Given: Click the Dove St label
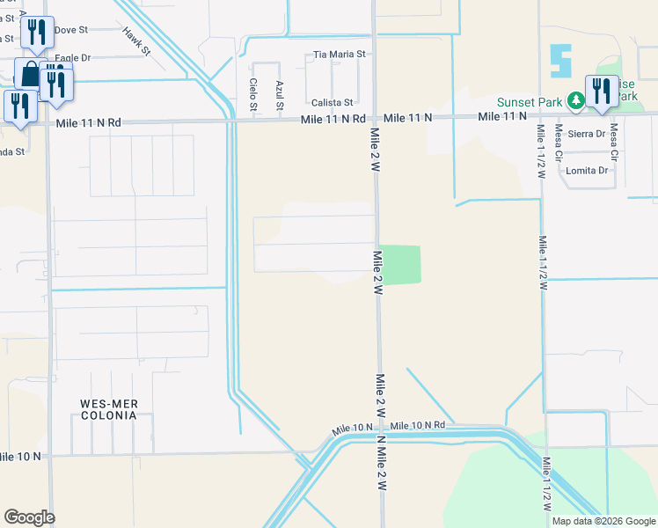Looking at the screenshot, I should click(x=71, y=30).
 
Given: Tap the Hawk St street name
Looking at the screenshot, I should click(x=137, y=40).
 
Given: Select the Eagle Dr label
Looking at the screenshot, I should click(x=72, y=58).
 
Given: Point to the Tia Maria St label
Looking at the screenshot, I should click(x=340, y=55).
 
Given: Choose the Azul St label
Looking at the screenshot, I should click(x=280, y=95).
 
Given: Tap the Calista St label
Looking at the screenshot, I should click(x=332, y=103).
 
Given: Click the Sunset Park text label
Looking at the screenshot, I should click(x=530, y=101).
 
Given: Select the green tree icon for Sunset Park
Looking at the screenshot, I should click(x=575, y=101).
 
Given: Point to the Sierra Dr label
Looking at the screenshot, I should click(x=587, y=134).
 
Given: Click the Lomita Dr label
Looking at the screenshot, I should click(x=588, y=171).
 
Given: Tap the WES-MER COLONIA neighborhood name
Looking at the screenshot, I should click(x=109, y=411).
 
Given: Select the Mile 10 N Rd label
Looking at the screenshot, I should click(x=417, y=425).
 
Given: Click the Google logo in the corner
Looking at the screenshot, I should click(x=29, y=517).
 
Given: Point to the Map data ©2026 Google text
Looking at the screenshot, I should click(x=603, y=521).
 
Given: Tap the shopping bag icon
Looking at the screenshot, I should click(x=30, y=74).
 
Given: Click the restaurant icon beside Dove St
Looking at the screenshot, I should click(x=36, y=33).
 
